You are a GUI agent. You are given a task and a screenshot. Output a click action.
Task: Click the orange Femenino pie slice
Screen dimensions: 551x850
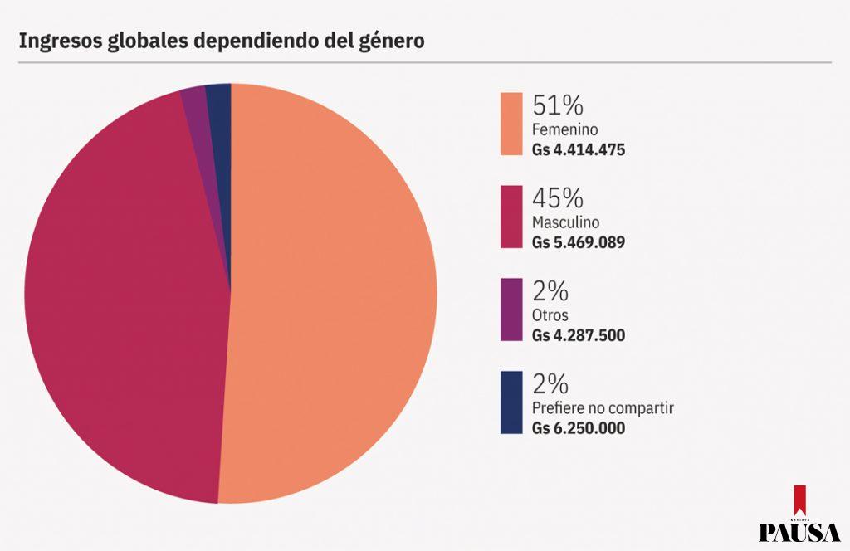(332, 299)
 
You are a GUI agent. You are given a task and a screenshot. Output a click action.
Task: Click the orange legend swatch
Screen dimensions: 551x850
(511, 123)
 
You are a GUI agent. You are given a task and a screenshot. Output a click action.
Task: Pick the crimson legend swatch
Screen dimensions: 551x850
(511, 217)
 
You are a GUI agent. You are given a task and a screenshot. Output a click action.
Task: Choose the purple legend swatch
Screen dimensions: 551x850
(511, 310)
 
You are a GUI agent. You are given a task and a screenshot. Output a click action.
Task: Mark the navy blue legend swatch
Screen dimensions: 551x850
(511, 402)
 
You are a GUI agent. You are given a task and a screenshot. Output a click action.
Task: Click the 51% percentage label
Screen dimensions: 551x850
(558, 105)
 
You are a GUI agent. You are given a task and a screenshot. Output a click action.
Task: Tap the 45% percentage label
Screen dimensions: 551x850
(558, 198)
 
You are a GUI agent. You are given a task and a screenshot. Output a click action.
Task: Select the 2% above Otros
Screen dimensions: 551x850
(550, 291)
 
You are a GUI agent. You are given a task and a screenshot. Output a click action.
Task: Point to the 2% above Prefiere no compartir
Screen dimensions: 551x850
(550, 384)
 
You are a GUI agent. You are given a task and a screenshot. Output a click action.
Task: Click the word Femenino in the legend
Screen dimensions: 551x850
(564, 130)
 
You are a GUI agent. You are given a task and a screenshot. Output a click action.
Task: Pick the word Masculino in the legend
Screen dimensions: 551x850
(565, 223)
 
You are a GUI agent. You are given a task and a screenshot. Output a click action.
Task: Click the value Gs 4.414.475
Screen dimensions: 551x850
(578, 150)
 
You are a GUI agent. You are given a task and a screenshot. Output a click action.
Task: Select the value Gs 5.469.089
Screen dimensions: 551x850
(578, 243)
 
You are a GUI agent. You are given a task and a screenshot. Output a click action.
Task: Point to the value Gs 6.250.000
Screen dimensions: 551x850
(578, 429)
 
